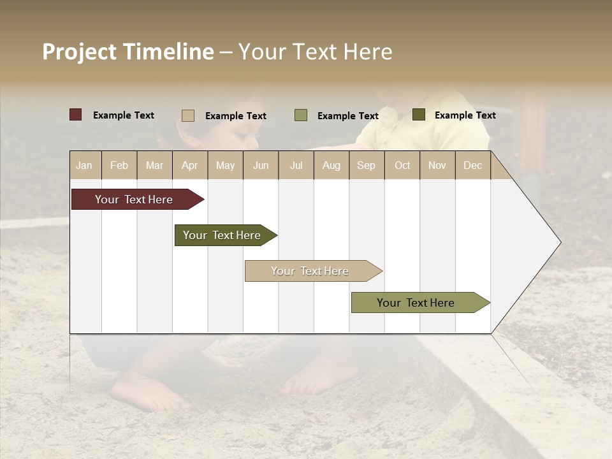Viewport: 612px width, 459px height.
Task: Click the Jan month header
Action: click(84, 165)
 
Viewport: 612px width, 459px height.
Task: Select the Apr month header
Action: click(189, 165)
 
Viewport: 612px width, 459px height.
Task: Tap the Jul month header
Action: click(296, 165)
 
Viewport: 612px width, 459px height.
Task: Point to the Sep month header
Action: click(366, 165)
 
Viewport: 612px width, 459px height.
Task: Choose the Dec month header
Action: click(472, 165)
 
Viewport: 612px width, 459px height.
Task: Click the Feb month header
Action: click(119, 165)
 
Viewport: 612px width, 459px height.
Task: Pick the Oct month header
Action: click(402, 165)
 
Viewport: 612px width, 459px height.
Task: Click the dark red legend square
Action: click(75, 115)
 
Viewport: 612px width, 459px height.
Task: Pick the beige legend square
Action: click(188, 115)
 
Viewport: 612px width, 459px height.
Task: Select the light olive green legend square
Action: click(301, 115)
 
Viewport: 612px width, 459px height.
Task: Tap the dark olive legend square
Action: click(418, 115)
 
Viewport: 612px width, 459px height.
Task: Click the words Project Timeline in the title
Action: click(128, 52)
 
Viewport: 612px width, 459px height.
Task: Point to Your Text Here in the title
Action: click(316, 52)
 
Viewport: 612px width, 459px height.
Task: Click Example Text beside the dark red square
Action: click(124, 115)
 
